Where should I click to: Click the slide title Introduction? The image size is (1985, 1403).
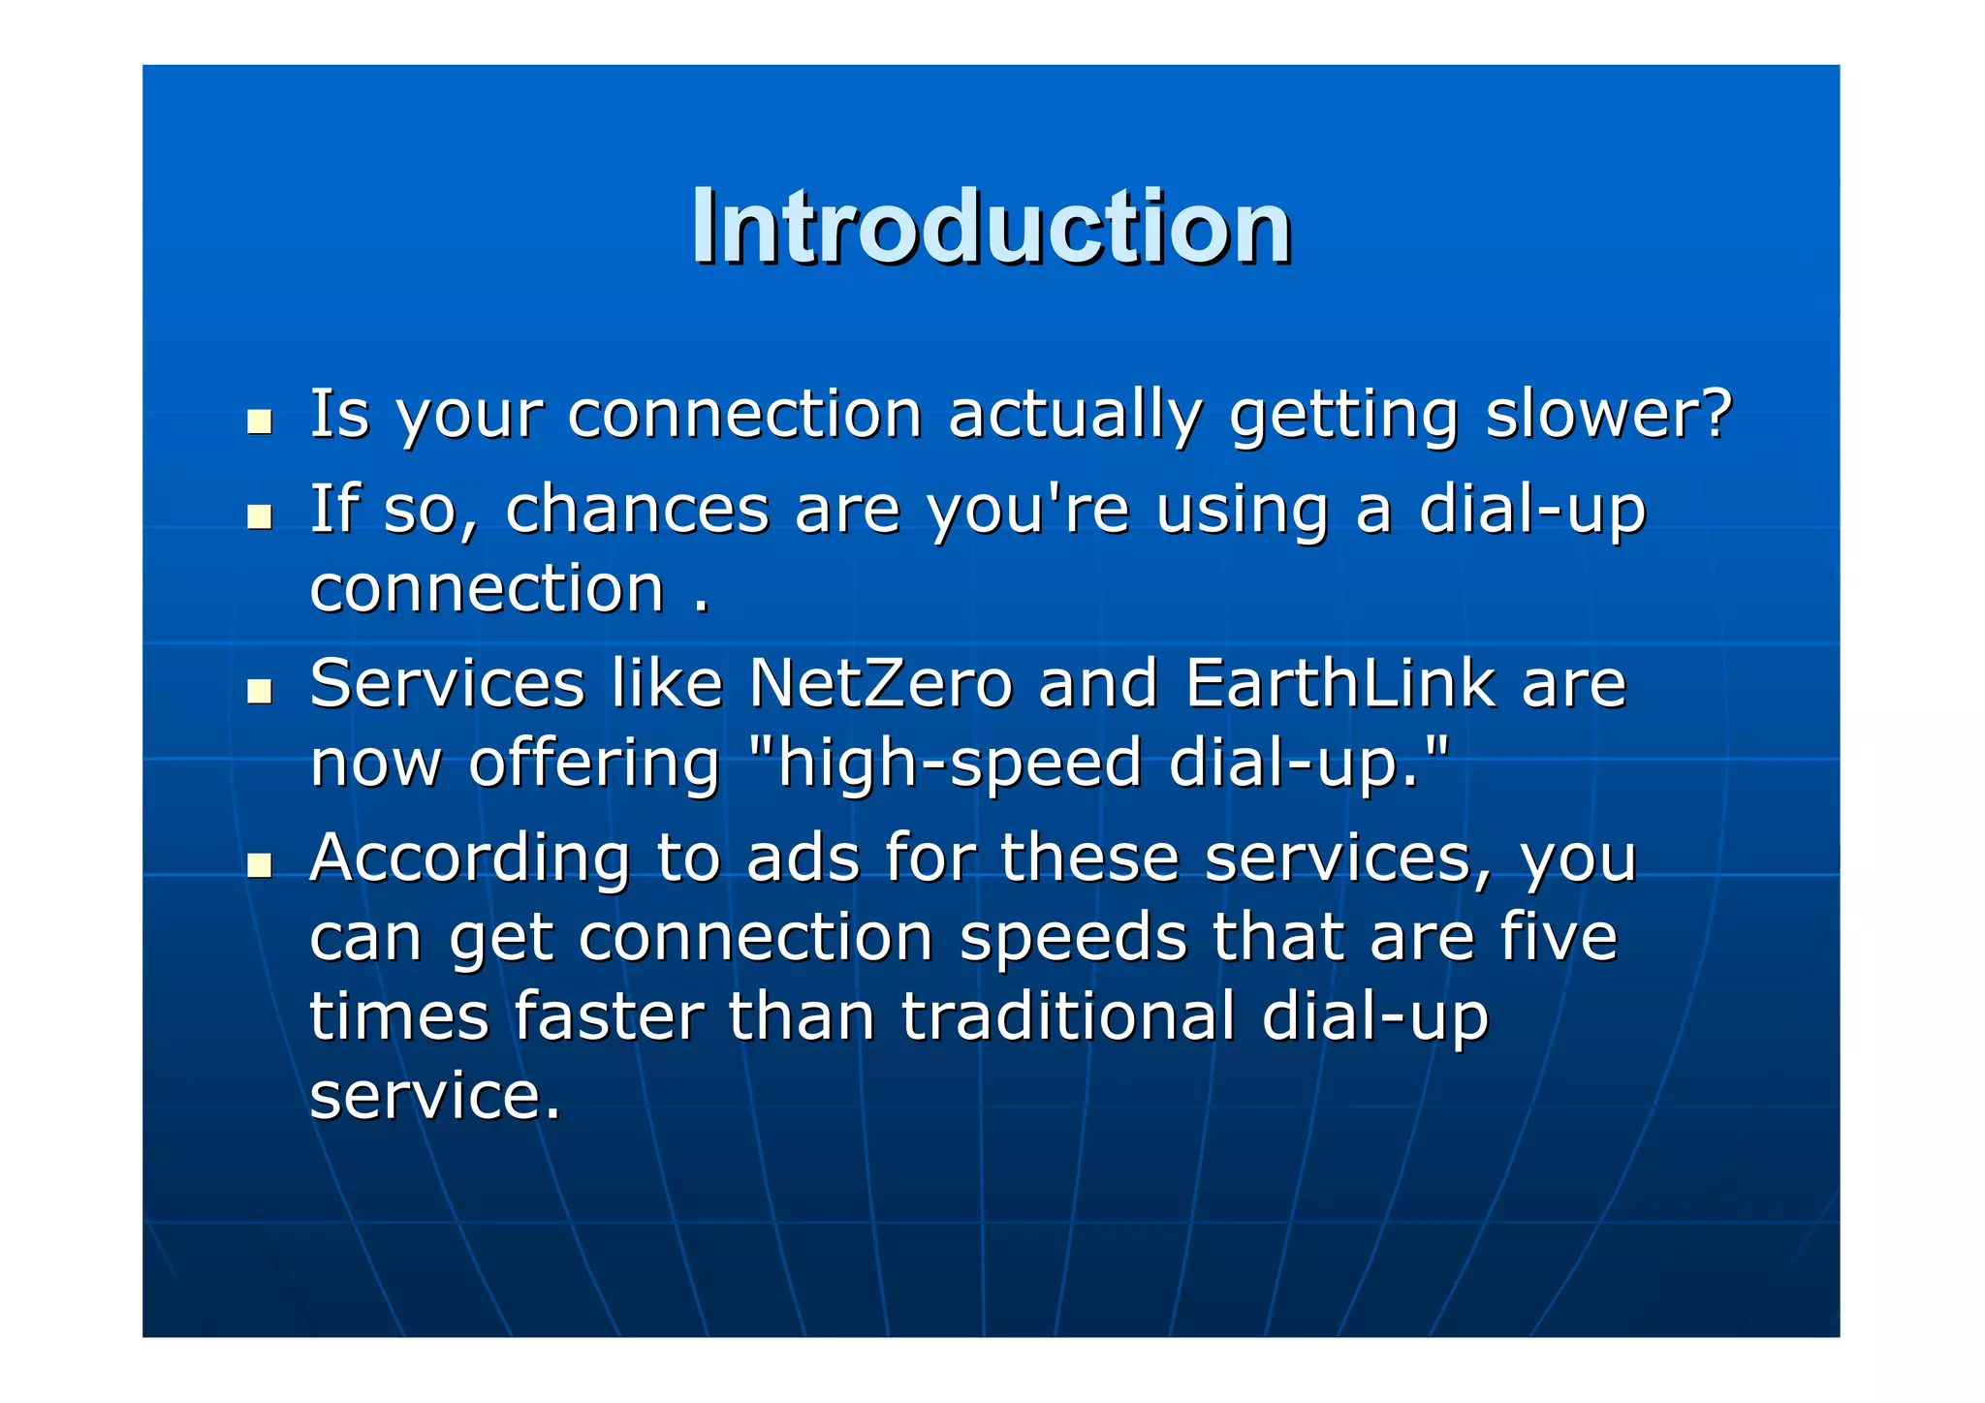[x=991, y=227]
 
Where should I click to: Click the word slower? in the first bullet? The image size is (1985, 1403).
[x=1607, y=414]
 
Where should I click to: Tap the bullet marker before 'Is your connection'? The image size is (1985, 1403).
[x=259, y=421]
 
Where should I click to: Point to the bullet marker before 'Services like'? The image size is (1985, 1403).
[x=259, y=691]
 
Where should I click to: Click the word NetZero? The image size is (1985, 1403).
[x=880, y=683]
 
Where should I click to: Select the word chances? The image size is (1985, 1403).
[x=637, y=510]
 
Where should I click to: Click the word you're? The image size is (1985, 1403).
[x=1027, y=510]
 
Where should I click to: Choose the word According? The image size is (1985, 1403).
[x=470, y=858]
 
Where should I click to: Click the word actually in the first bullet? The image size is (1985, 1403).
[x=1075, y=416]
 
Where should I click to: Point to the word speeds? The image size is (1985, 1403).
[x=1073, y=938]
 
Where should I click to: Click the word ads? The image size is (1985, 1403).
[x=803, y=858]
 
